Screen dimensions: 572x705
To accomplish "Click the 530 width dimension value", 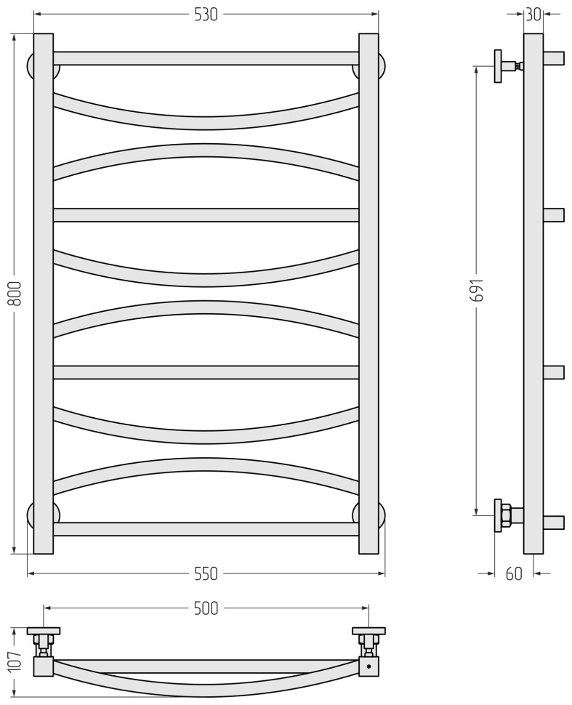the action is [206, 15].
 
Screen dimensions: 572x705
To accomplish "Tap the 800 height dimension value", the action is [15, 294].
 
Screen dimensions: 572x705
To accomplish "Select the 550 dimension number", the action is [206, 573].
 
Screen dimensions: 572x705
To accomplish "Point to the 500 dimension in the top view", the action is [206, 608].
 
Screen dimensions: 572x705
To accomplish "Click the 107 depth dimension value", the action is [15, 660].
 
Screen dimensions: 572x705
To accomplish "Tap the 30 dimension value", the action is [533, 15].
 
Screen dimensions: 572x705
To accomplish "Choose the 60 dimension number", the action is [514, 573].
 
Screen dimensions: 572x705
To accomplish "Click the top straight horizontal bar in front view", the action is [206, 58].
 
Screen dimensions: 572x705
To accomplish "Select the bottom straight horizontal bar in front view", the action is [206, 529].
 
